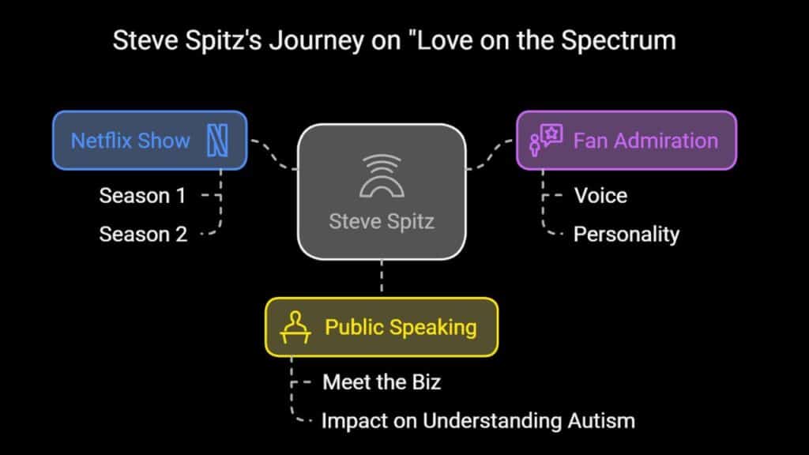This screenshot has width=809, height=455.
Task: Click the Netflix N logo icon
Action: click(x=217, y=141)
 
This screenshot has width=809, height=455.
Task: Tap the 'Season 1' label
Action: click(x=142, y=196)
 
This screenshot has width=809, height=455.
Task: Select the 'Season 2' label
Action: click(x=143, y=235)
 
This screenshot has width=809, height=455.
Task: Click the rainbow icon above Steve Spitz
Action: click(x=382, y=176)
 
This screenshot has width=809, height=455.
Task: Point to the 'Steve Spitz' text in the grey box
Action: click(x=382, y=222)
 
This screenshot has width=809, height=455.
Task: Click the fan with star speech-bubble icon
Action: click(x=546, y=140)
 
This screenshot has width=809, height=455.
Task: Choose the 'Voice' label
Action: click(x=600, y=196)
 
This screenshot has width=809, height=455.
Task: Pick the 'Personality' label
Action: click(x=627, y=235)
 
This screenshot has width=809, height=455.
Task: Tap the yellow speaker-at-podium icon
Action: click(x=295, y=327)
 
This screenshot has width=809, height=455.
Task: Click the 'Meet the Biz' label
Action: click(x=382, y=382)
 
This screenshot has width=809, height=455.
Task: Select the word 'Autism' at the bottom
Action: click(x=601, y=421)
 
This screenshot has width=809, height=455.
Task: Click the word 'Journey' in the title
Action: click(x=316, y=41)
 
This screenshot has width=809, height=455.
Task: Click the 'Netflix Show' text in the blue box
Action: click(x=130, y=141)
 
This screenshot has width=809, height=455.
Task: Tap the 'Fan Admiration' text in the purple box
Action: click(x=645, y=141)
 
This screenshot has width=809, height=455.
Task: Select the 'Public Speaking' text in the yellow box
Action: click(x=401, y=328)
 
